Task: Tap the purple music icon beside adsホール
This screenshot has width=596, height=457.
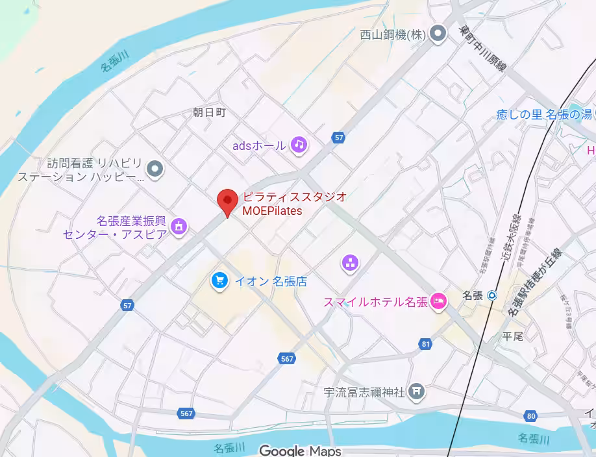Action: coord(298,144)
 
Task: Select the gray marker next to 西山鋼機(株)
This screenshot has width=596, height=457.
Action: coord(439,33)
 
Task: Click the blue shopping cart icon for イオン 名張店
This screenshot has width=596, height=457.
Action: coord(219,280)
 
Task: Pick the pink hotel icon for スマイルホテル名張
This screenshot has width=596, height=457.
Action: coord(439,301)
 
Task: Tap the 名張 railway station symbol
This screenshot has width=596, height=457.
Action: coord(492,295)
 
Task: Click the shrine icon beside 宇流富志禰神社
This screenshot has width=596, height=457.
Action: coord(417,391)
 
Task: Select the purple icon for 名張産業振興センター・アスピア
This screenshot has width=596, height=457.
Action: coord(179,226)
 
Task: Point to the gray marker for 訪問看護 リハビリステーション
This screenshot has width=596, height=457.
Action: coord(155,169)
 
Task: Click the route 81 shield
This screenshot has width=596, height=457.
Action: coord(425,343)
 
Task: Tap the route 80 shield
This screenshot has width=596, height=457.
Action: coord(532,415)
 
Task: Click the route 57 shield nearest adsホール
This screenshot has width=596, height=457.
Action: coord(338,137)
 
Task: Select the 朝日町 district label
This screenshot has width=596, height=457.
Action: coord(209,112)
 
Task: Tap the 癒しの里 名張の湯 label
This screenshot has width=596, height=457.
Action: coord(543,114)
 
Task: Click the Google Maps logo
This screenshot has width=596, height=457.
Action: coord(300,450)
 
